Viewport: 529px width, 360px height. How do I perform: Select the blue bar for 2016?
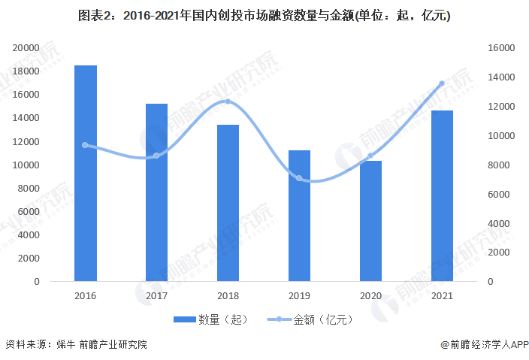pos(85,174)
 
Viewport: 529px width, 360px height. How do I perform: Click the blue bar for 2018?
pos(228,203)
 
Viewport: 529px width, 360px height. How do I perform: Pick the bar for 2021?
pos(442,196)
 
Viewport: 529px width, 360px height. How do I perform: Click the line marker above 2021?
pos(442,83)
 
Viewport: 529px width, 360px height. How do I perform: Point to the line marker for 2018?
pos(228,101)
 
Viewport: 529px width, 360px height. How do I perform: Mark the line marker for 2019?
pos(299,178)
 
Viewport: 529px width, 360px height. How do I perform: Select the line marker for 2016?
pos(85,145)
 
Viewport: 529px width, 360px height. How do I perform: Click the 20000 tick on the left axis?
pos(26,47)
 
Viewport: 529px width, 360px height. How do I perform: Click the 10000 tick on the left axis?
pos(26,165)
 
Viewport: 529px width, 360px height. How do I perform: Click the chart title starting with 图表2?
pos(264,16)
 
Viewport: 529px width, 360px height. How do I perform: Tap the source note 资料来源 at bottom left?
pos(76,345)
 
